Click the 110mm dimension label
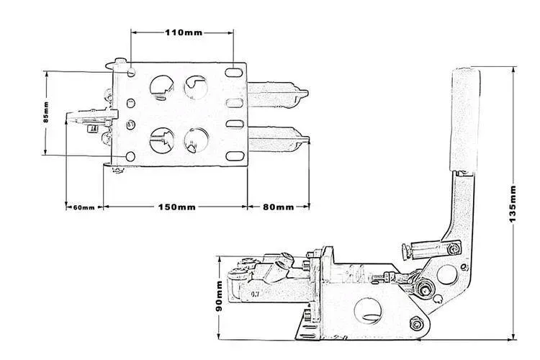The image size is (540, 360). point(184,33)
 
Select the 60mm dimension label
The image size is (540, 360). point(83,207)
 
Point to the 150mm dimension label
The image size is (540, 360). point(176,207)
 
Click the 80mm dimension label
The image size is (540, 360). point(278,207)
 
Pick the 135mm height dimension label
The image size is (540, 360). point(513,202)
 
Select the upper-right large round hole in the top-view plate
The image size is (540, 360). point(195,87)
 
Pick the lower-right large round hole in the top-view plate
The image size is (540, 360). point(195,138)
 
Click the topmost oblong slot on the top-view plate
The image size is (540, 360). point(235,73)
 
